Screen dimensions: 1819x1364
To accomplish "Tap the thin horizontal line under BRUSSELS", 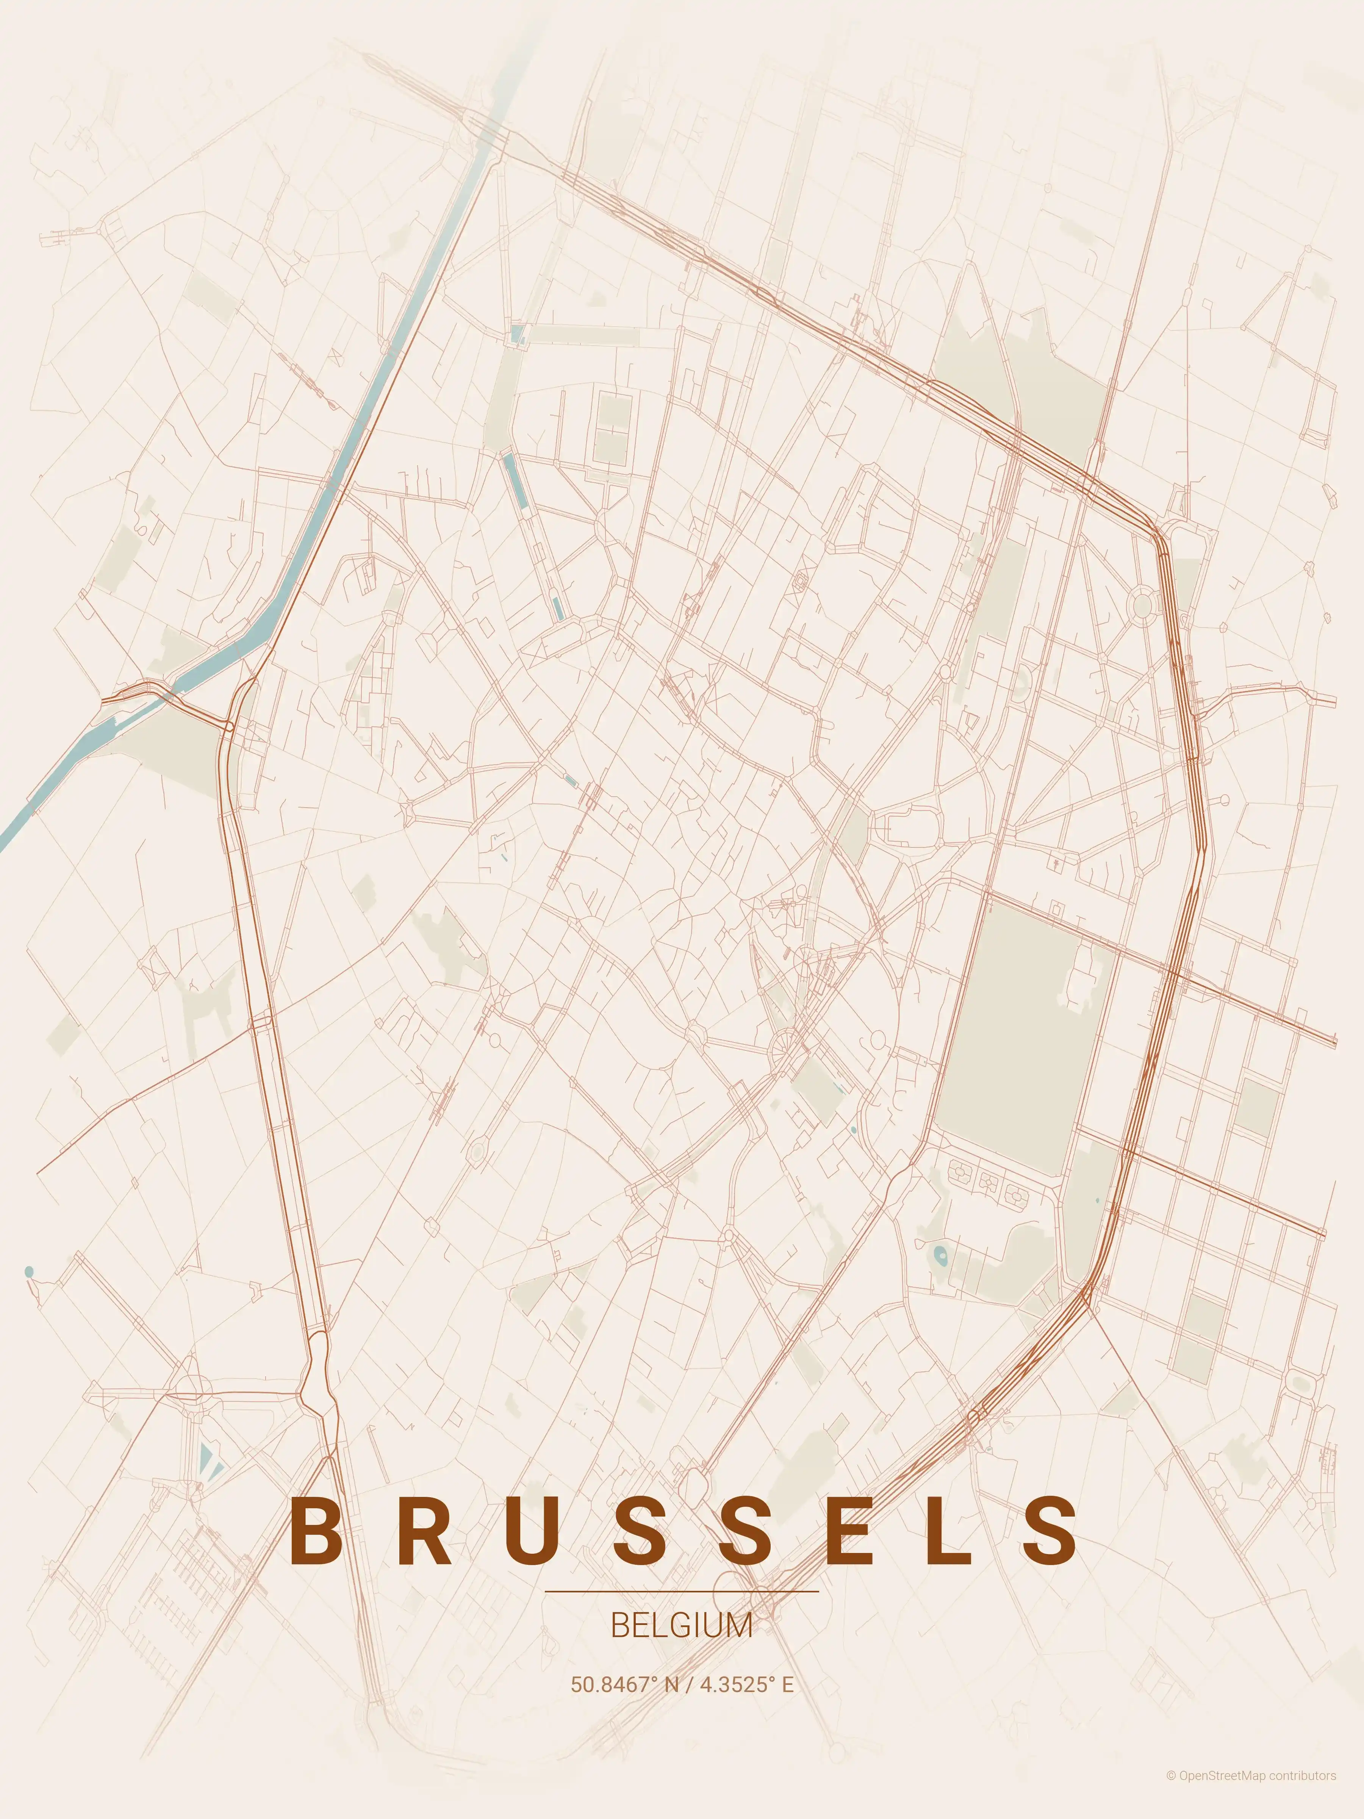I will pyautogui.click(x=682, y=1591).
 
